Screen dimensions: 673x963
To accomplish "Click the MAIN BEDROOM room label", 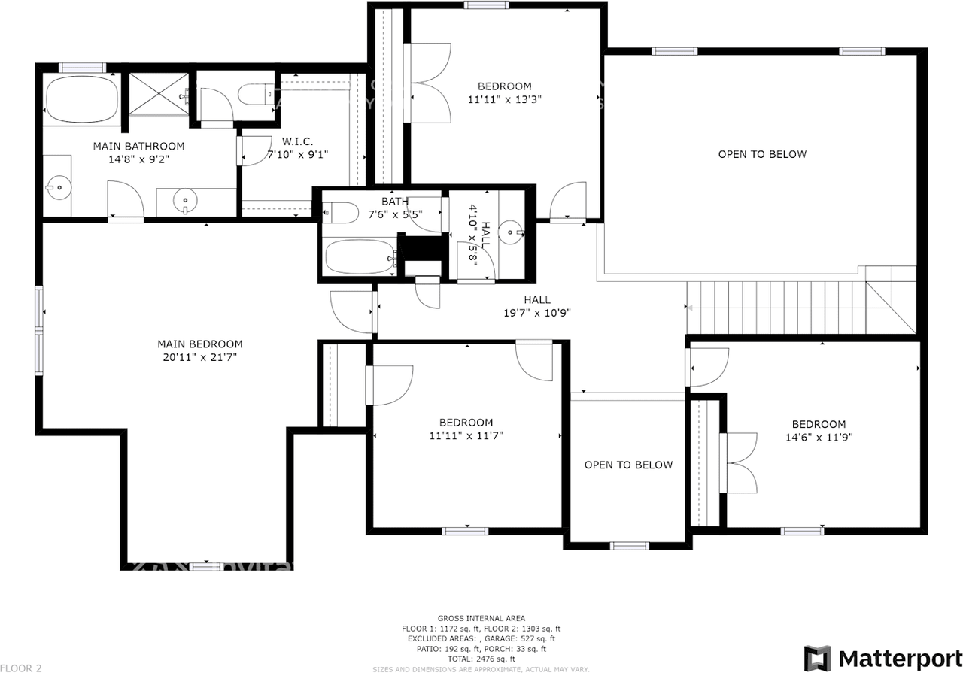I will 200,344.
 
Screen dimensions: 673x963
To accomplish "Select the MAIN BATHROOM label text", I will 138,146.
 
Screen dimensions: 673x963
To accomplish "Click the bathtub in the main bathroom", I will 82,99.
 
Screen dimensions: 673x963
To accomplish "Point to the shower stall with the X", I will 158,94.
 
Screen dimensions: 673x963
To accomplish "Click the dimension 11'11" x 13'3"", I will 504,99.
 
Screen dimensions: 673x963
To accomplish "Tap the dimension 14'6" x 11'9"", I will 819,436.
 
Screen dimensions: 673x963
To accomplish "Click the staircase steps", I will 775,308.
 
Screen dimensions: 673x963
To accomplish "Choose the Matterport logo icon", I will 817,658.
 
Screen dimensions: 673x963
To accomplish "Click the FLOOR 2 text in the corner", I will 21,668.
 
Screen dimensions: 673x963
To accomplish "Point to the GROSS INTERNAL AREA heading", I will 481,618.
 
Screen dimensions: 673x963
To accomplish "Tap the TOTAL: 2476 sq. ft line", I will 481,659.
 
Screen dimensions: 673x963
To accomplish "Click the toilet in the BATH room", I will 340,213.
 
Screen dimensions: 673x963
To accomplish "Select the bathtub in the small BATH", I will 359,257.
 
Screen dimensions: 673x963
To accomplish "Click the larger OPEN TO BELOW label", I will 762,154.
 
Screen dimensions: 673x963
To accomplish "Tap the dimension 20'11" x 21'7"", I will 200,357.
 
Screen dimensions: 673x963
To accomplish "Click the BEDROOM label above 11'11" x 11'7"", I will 466,423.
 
